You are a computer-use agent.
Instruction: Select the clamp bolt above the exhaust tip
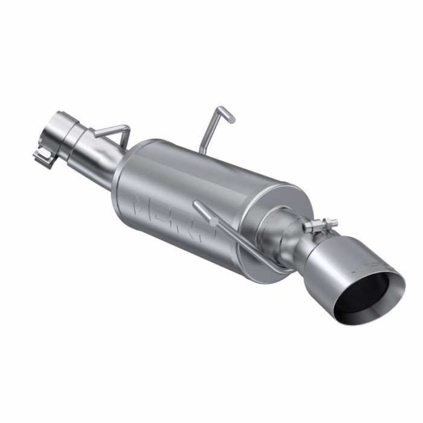tap(320, 225)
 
